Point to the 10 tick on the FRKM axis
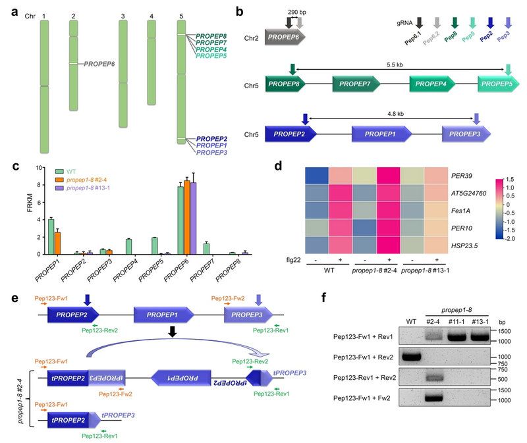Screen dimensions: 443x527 coord(39,169)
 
